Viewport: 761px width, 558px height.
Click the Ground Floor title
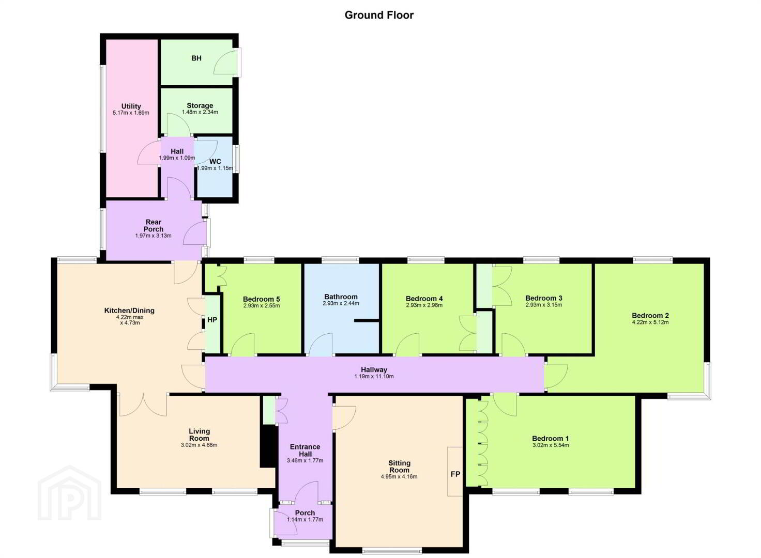click(379, 16)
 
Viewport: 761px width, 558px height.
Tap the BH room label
click(196, 58)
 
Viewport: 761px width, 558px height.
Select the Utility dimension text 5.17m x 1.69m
click(131, 113)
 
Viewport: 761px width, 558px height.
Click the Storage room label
click(200, 105)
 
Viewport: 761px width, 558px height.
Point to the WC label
click(215, 162)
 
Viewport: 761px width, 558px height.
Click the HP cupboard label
click(212, 320)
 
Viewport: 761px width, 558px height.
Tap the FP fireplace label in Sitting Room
click(455, 474)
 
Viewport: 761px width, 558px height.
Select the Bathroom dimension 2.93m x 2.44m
click(341, 303)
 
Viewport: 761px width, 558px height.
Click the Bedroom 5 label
click(261, 299)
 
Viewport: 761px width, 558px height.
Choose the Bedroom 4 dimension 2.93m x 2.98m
click(424, 305)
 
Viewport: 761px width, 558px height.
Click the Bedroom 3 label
click(543, 298)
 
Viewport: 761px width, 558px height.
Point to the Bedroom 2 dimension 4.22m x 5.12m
click(650, 322)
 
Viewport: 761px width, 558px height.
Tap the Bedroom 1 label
click(551, 439)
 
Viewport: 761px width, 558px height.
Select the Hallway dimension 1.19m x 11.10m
click(374, 376)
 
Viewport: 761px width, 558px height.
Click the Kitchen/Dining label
click(129, 311)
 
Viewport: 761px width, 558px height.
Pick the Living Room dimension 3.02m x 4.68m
click(199, 445)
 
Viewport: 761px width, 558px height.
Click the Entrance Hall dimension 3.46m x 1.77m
click(305, 460)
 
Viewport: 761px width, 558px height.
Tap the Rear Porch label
click(153, 225)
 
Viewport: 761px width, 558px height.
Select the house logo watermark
click(69, 493)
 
